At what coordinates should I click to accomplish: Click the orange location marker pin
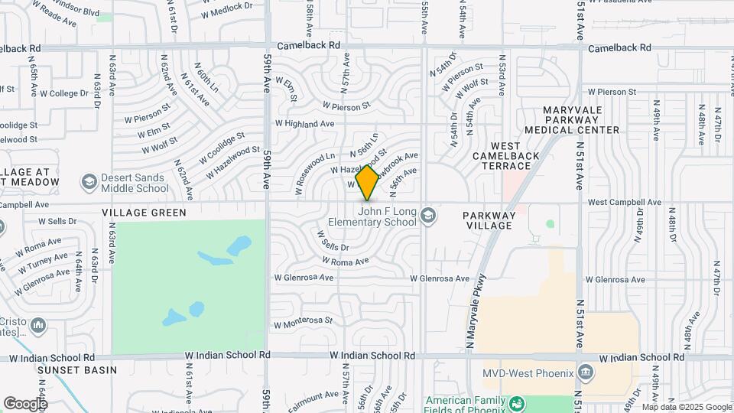[367, 182]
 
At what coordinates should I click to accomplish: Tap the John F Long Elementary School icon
[428, 215]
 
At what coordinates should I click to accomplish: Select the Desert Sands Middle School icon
[89, 182]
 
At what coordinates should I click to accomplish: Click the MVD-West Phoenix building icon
[586, 373]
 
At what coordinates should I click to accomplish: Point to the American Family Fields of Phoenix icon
[518, 403]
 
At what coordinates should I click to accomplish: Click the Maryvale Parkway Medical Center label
[581, 120]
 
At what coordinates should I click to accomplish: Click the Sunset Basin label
[77, 370]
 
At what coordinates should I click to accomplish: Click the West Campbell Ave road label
[624, 202]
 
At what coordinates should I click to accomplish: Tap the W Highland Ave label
[305, 123]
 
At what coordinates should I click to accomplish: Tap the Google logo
[24, 403]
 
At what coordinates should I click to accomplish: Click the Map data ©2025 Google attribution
[686, 407]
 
